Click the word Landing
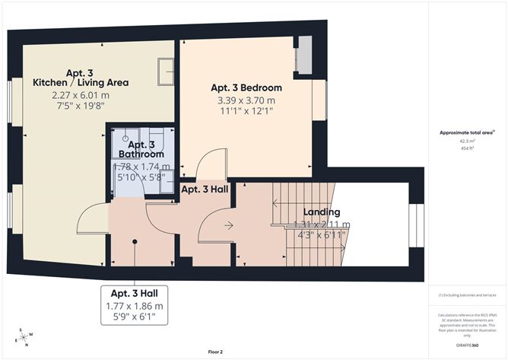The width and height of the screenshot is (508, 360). coord(321,212)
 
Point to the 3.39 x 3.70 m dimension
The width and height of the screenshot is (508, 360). coord(246,100)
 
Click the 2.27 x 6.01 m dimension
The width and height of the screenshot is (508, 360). coord(81,95)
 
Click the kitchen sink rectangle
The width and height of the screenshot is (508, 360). coord(164,73)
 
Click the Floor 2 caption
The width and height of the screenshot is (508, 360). coord(217,352)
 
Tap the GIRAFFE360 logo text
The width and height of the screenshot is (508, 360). coord(465,345)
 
